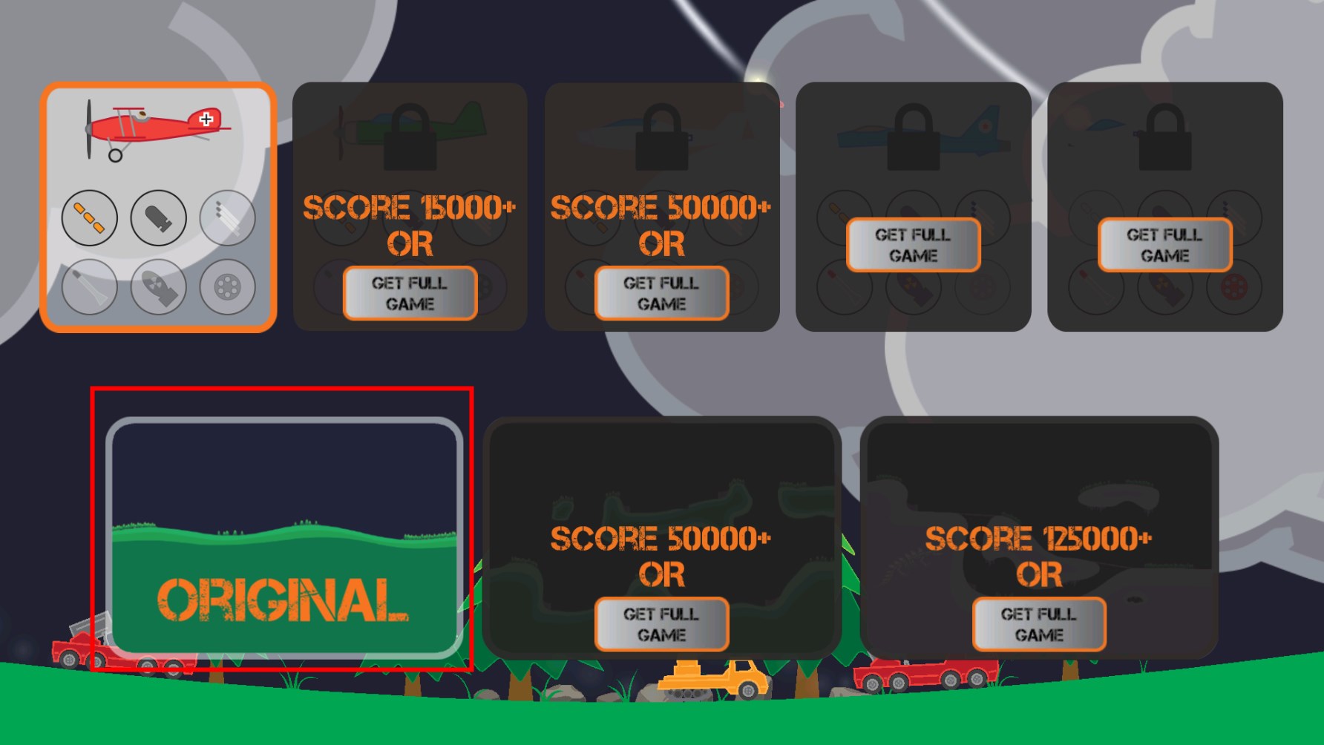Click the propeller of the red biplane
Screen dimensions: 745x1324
(89, 129)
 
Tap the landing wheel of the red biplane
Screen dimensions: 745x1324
(115, 155)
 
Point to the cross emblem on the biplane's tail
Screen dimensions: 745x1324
(206, 119)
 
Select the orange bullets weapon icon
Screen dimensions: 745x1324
(89, 217)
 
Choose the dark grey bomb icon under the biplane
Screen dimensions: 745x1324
(158, 217)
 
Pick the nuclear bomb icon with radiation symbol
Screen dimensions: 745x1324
(158, 286)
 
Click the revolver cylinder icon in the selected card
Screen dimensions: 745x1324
(227, 286)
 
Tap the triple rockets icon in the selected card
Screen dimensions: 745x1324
(227, 217)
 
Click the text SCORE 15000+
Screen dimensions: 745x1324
(409, 208)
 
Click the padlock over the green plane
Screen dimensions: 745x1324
(410, 137)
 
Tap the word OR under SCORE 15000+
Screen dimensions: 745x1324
(410, 244)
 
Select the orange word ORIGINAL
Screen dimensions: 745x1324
(283, 600)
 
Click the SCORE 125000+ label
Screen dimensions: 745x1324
(1038, 539)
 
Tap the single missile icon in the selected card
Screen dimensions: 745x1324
(89, 286)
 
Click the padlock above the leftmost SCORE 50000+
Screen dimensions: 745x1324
(661, 137)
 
